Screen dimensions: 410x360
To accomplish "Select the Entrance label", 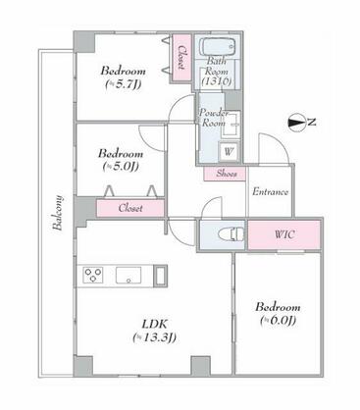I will pyautogui.click(x=269, y=191).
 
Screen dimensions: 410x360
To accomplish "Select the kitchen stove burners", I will pyautogui.click(x=94, y=275).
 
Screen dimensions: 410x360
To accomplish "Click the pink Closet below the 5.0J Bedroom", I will pyautogui.click(x=129, y=208).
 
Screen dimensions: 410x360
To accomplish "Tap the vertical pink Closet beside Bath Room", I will pyautogui.click(x=182, y=59).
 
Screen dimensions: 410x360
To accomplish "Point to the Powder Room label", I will pyautogui.click(x=214, y=119).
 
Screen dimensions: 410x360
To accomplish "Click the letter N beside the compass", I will pyautogui.click(x=313, y=122).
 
